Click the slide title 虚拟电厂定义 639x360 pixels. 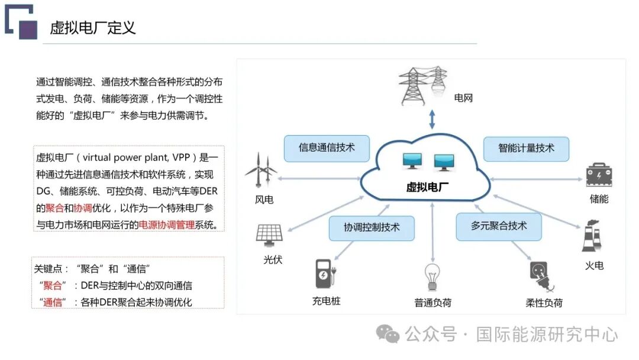(93, 28)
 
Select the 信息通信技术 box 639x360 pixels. (327, 148)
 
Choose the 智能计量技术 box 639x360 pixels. (526, 148)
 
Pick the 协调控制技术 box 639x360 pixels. (372, 227)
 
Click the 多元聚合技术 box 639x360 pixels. (499, 226)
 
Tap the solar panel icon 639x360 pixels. (269, 234)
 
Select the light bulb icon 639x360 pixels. (433, 277)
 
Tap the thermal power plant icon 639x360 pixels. (592, 238)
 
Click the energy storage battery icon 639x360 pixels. (598, 175)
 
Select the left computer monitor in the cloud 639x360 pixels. (412, 160)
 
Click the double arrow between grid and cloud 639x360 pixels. (433, 119)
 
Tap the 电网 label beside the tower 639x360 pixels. (463, 98)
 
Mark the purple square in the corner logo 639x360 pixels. (28, 30)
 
